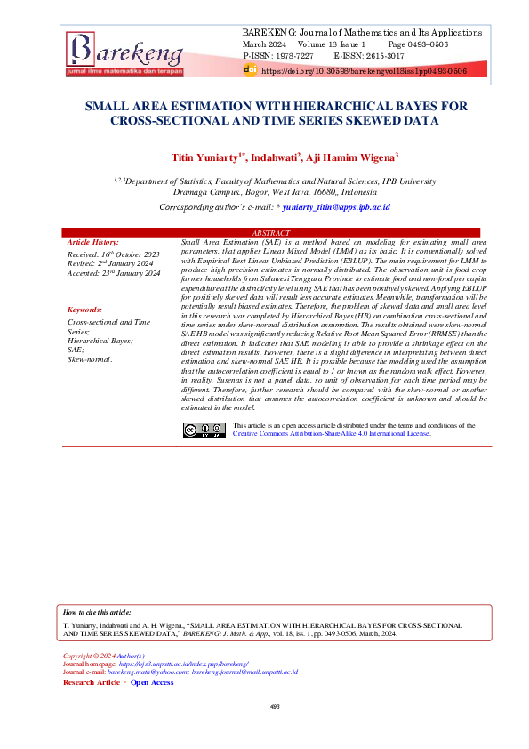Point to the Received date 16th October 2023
[113, 254]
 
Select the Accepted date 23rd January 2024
[114, 274]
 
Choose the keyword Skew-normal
[90, 359]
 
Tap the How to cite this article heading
[97, 613]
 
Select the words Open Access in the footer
[152, 682]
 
